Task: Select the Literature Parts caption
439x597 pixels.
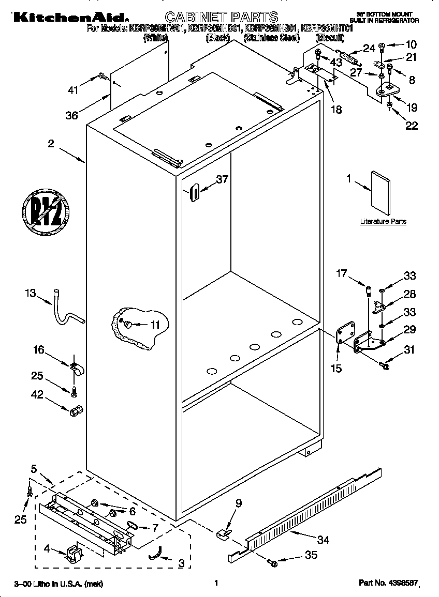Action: coord(383,221)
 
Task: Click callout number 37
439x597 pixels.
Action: coord(222,179)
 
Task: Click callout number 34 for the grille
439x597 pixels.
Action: coord(323,541)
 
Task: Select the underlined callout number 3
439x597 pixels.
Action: coord(181,563)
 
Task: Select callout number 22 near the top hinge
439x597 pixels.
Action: coord(411,125)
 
